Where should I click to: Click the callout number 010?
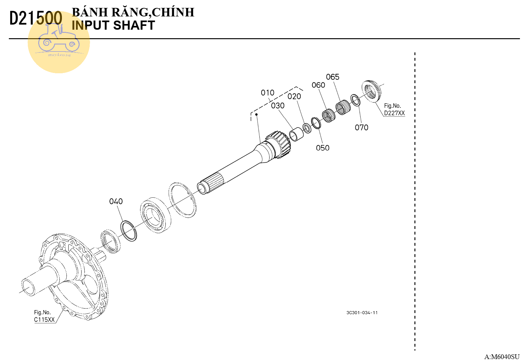point(268,93)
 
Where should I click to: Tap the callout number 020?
point(294,96)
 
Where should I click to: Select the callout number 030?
point(278,106)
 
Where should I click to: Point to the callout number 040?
point(116,201)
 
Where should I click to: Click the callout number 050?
point(323,148)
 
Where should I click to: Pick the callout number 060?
point(318,85)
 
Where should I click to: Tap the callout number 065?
point(333,77)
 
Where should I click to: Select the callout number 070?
point(361,128)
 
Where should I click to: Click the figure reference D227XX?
point(395,113)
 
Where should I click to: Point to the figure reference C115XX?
point(44,320)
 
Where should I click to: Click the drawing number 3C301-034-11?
point(362,313)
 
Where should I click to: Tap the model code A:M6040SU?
point(502,357)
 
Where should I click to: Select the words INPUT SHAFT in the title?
point(113,25)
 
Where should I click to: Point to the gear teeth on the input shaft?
point(280,144)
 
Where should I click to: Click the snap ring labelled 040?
point(129,231)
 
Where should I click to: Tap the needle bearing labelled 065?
point(343,107)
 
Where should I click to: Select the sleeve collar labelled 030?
point(296,134)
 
